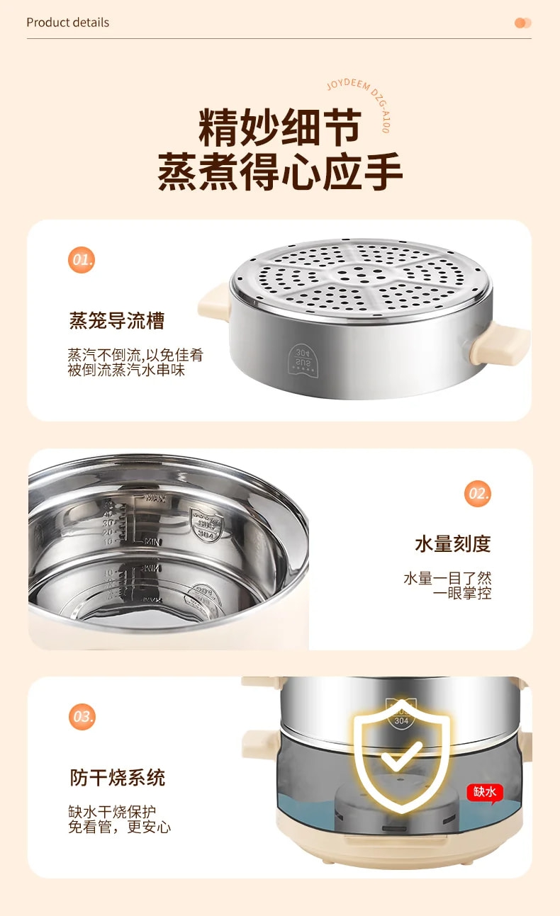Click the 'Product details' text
(67, 23)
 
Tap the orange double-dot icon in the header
(522, 23)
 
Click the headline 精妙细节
(280, 128)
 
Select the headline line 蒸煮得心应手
(280, 171)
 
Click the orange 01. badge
(82, 260)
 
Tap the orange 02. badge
(477, 494)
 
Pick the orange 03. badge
(82, 716)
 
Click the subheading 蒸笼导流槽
(117, 321)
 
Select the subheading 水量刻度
(453, 544)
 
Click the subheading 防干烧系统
(118, 777)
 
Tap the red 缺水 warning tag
(485, 792)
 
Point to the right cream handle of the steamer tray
(500, 343)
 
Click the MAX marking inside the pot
(155, 499)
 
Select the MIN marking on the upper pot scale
(153, 542)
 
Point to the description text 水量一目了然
(447, 578)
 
